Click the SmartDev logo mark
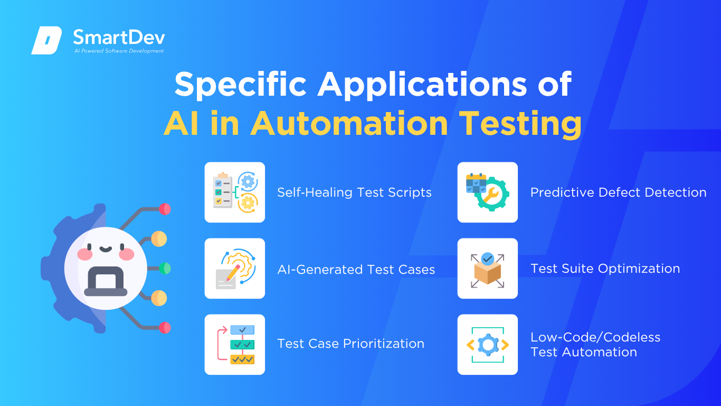(x=46, y=40)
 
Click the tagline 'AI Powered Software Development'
(x=119, y=51)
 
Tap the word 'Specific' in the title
(x=240, y=85)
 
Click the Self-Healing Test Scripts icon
(x=235, y=192)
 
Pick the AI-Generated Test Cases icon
(x=235, y=269)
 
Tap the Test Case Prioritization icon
(x=235, y=344)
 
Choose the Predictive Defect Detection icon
(x=488, y=192)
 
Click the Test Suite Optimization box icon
(x=488, y=269)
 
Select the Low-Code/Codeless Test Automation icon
(x=488, y=344)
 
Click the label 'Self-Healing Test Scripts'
(x=354, y=192)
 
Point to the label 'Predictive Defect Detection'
(x=618, y=192)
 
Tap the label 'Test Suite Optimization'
(x=605, y=269)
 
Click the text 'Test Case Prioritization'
(x=350, y=344)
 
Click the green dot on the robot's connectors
(x=165, y=269)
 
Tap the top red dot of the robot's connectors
(x=165, y=209)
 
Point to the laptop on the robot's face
(x=106, y=281)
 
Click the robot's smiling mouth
(x=106, y=249)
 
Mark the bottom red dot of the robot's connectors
(x=165, y=328)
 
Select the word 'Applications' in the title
(x=422, y=85)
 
